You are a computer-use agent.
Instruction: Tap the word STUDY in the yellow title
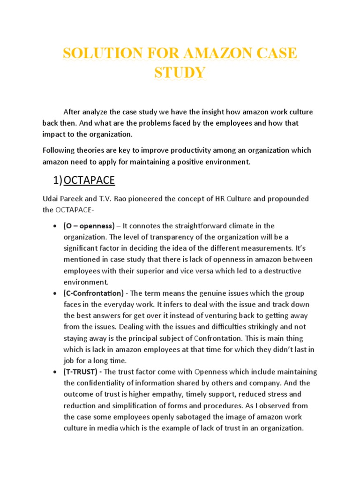pyautogui.click(x=180, y=73)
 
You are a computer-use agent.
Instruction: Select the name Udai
pyautogui.click(x=51, y=199)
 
